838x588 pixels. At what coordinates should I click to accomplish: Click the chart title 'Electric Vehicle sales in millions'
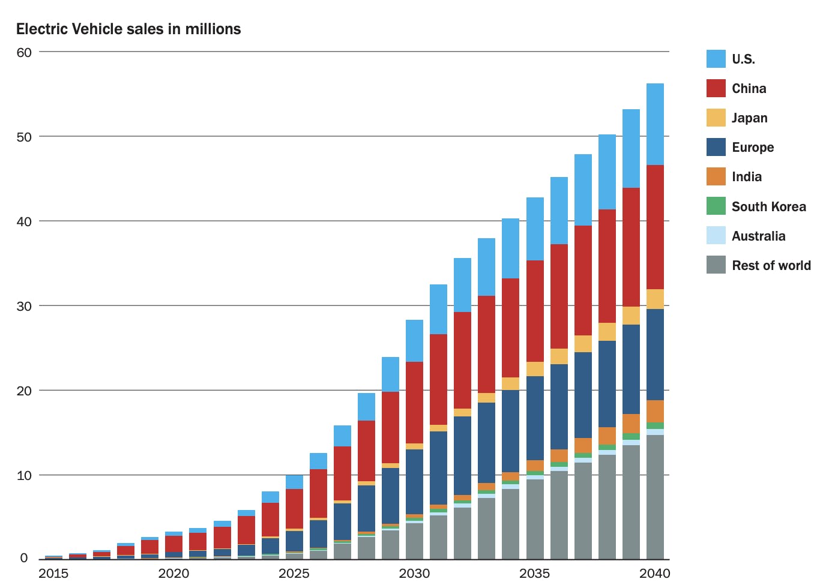tap(128, 29)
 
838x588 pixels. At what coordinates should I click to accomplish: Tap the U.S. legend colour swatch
tap(716, 59)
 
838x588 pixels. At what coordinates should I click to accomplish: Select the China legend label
tap(749, 89)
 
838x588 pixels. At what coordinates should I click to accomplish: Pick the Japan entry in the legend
tap(749, 118)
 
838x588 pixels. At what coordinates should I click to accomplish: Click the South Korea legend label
tap(768, 207)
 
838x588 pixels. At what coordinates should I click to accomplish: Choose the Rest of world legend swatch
tap(716, 265)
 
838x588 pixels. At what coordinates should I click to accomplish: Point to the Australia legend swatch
tap(716, 236)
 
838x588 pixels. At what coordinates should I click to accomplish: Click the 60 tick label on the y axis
tap(24, 53)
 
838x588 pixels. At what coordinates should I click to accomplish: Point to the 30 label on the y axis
tap(24, 306)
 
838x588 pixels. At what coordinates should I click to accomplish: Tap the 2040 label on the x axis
tap(654, 574)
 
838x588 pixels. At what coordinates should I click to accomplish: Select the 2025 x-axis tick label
tap(294, 574)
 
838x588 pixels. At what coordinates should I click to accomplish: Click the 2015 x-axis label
tap(53, 574)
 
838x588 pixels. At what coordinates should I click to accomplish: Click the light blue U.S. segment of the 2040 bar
tap(655, 124)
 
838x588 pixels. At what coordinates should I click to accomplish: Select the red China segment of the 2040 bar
tap(655, 227)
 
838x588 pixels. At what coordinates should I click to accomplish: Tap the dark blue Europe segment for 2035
tap(535, 418)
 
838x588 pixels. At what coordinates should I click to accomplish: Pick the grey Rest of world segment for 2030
tap(414, 541)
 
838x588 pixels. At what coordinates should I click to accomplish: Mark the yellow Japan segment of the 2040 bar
tap(655, 299)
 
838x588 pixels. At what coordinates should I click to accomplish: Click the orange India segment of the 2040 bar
tap(655, 412)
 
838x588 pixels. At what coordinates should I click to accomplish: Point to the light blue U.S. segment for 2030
tap(414, 341)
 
